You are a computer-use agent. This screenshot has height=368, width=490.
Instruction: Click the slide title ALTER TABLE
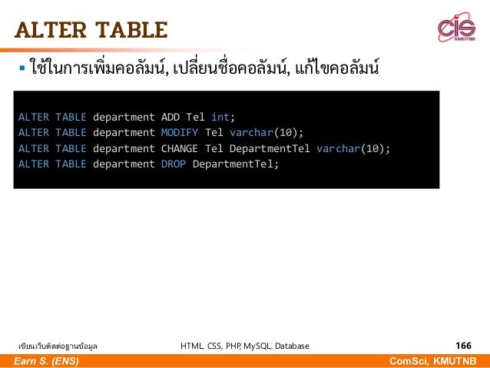point(90,30)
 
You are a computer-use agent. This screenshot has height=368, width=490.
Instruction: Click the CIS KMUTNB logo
point(456,30)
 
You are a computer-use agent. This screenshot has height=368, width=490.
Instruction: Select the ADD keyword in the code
point(171,118)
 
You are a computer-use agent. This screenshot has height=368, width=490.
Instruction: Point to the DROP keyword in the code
point(174,164)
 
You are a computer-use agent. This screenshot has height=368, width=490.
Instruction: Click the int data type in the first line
point(220,118)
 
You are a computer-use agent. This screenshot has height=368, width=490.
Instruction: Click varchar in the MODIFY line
point(252,133)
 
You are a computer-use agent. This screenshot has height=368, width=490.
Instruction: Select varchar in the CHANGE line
point(339,148)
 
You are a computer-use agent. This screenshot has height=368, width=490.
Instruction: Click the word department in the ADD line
point(124,118)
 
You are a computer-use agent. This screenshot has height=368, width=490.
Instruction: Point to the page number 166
point(463,346)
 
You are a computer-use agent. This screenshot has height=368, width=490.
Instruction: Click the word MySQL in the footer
point(247,346)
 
